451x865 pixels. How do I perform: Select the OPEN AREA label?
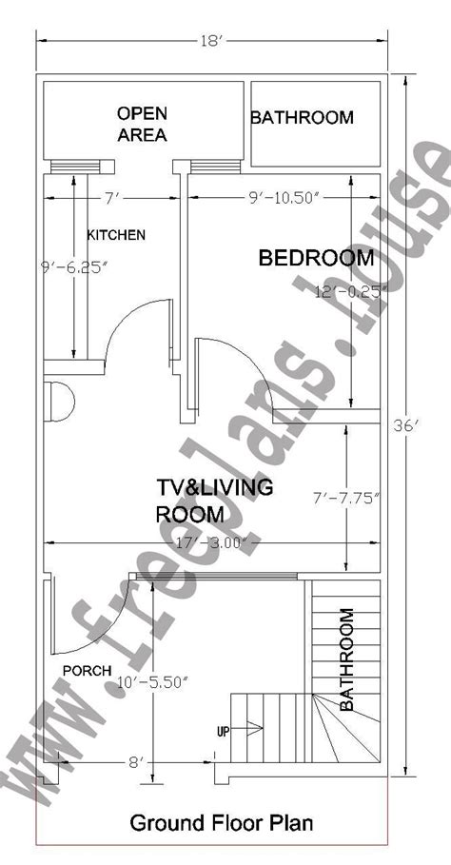(x=143, y=124)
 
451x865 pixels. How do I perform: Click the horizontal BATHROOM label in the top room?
(x=303, y=117)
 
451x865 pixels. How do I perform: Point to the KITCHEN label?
(x=116, y=235)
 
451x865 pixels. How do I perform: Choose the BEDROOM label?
(x=317, y=258)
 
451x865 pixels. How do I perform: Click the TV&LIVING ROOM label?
(x=214, y=501)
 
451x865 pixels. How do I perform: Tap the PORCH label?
(x=88, y=671)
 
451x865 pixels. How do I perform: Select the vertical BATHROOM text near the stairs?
(x=346, y=659)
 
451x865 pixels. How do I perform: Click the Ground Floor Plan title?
(x=222, y=823)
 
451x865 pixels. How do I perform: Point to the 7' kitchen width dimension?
(x=112, y=199)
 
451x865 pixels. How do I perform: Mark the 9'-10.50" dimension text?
(x=285, y=199)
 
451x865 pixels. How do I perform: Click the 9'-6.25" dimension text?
(x=72, y=268)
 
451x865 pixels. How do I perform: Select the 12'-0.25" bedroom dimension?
(x=348, y=291)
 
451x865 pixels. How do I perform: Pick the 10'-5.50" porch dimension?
(x=154, y=683)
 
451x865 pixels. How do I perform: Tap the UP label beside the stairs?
(x=223, y=732)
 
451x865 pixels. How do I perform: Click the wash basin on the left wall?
(x=59, y=401)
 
